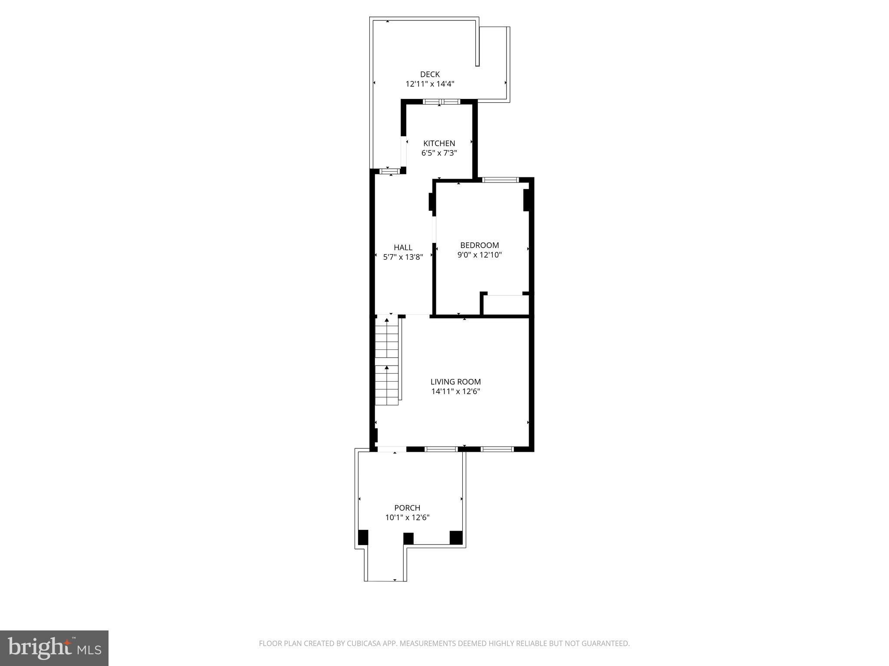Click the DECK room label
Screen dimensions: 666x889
(x=430, y=75)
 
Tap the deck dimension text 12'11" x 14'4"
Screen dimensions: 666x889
(x=430, y=84)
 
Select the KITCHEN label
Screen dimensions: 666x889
(x=439, y=144)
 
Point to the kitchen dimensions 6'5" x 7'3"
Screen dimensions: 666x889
(x=439, y=153)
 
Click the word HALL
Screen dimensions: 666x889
(x=403, y=248)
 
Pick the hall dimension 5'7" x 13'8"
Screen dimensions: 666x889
(x=403, y=257)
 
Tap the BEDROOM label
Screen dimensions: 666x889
(x=479, y=245)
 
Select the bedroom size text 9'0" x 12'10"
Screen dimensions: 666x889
(x=479, y=255)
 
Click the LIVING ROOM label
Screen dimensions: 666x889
(x=455, y=382)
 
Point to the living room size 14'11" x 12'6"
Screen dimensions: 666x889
(x=455, y=392)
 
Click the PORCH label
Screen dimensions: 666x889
(x=407, y=508)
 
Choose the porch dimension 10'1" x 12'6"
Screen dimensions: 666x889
(x=407, y=517)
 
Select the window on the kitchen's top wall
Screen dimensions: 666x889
(x=441, y=102)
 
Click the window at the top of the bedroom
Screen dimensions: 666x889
(x=500, y=180)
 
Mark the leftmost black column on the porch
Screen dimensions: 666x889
(x=363, y=538)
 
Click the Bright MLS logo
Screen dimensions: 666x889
(x=54, y=648)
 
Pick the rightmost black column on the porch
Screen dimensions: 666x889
(x=456, y=538)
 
